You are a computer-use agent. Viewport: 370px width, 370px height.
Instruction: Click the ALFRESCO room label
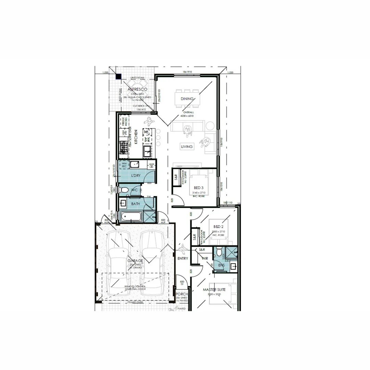click(x=137, y=89)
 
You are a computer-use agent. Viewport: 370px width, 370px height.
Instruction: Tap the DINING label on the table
click(x=187, y=99)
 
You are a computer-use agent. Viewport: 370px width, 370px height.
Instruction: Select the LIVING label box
click(x=187, y=147)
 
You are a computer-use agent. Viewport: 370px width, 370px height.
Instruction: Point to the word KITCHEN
click(x=136, y=137)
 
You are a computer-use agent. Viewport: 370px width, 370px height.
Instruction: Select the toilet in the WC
click(x=124, y=190)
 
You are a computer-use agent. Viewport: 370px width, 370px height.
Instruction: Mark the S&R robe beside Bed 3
click(x=176, y=178)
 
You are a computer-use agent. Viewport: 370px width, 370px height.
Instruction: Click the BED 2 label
click(x=218, y=227)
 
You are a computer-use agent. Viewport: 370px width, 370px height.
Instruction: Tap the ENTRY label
click(x=183, y=258)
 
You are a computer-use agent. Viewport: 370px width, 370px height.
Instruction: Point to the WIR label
click(x=205, y=258)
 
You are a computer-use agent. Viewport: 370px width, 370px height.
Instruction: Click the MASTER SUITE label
click(x=214, y=290)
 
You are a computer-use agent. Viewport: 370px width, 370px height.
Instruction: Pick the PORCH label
click(x=182, y=294)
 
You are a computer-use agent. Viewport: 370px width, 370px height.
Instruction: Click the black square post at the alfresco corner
click(x=118, y=77)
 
